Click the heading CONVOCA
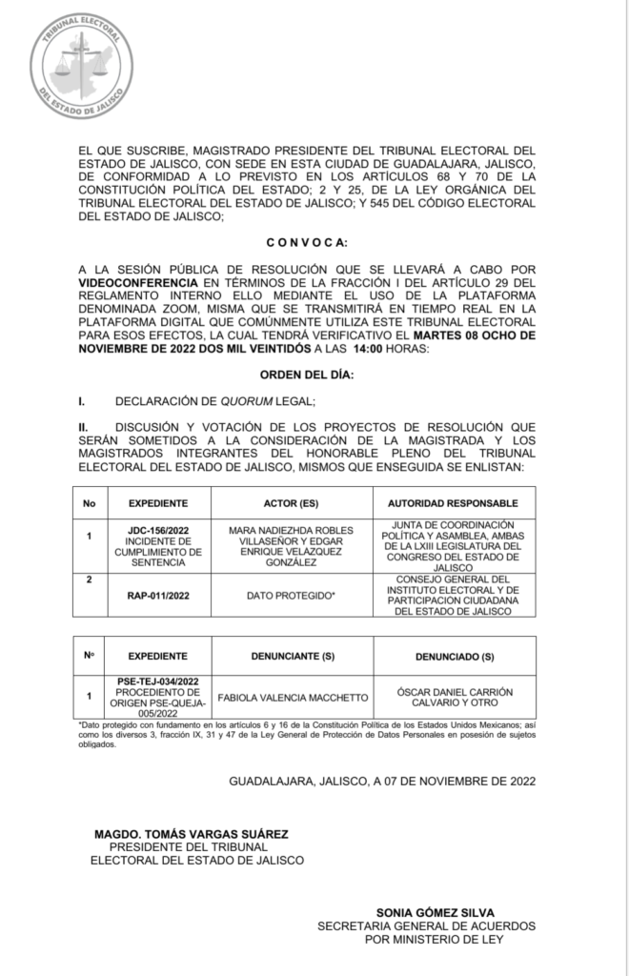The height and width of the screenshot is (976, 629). click(306, 243)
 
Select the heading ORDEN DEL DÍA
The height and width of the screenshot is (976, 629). click(306, 375)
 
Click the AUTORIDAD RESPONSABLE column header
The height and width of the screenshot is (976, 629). click(453, 503)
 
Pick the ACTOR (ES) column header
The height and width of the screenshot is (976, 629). click(291, 503)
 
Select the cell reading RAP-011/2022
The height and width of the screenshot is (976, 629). click(157, 596)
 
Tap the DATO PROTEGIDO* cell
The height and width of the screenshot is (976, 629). click(291, 596)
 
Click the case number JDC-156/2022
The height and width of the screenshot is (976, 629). click(157, 529)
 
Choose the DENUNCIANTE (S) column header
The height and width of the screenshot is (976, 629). click(292, 657)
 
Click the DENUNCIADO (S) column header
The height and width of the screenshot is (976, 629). click(454, 657)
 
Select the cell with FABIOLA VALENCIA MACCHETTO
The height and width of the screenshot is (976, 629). click(292, 698)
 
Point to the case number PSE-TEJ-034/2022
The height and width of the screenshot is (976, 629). click(157, 682)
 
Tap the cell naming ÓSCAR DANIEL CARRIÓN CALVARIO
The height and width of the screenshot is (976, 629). click(454, 698)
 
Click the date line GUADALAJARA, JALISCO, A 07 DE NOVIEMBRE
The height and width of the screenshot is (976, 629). click(382, 781)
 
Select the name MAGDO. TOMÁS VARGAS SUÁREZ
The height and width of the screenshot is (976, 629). click(191, 834)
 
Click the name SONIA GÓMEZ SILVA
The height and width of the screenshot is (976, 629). click(435, 912)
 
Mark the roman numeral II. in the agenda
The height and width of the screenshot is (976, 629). click(84, 428)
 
